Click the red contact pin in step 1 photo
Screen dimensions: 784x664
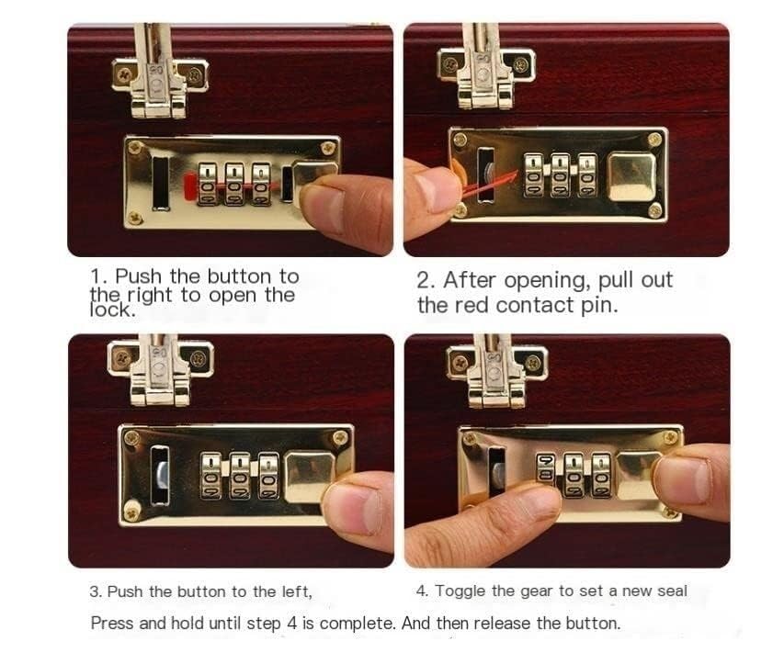click(x=190, y=186)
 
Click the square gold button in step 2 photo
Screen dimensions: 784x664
click(x=632, y=177)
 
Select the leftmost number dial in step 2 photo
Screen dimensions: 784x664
click(x=533, y=174)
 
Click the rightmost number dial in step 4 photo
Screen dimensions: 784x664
click(x=601, y=475)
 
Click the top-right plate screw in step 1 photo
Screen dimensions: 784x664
click(x=328, y=147)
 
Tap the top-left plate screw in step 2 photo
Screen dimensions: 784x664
click(x=460, y=140)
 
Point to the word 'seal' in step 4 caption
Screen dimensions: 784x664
click(x=673, y=591)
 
